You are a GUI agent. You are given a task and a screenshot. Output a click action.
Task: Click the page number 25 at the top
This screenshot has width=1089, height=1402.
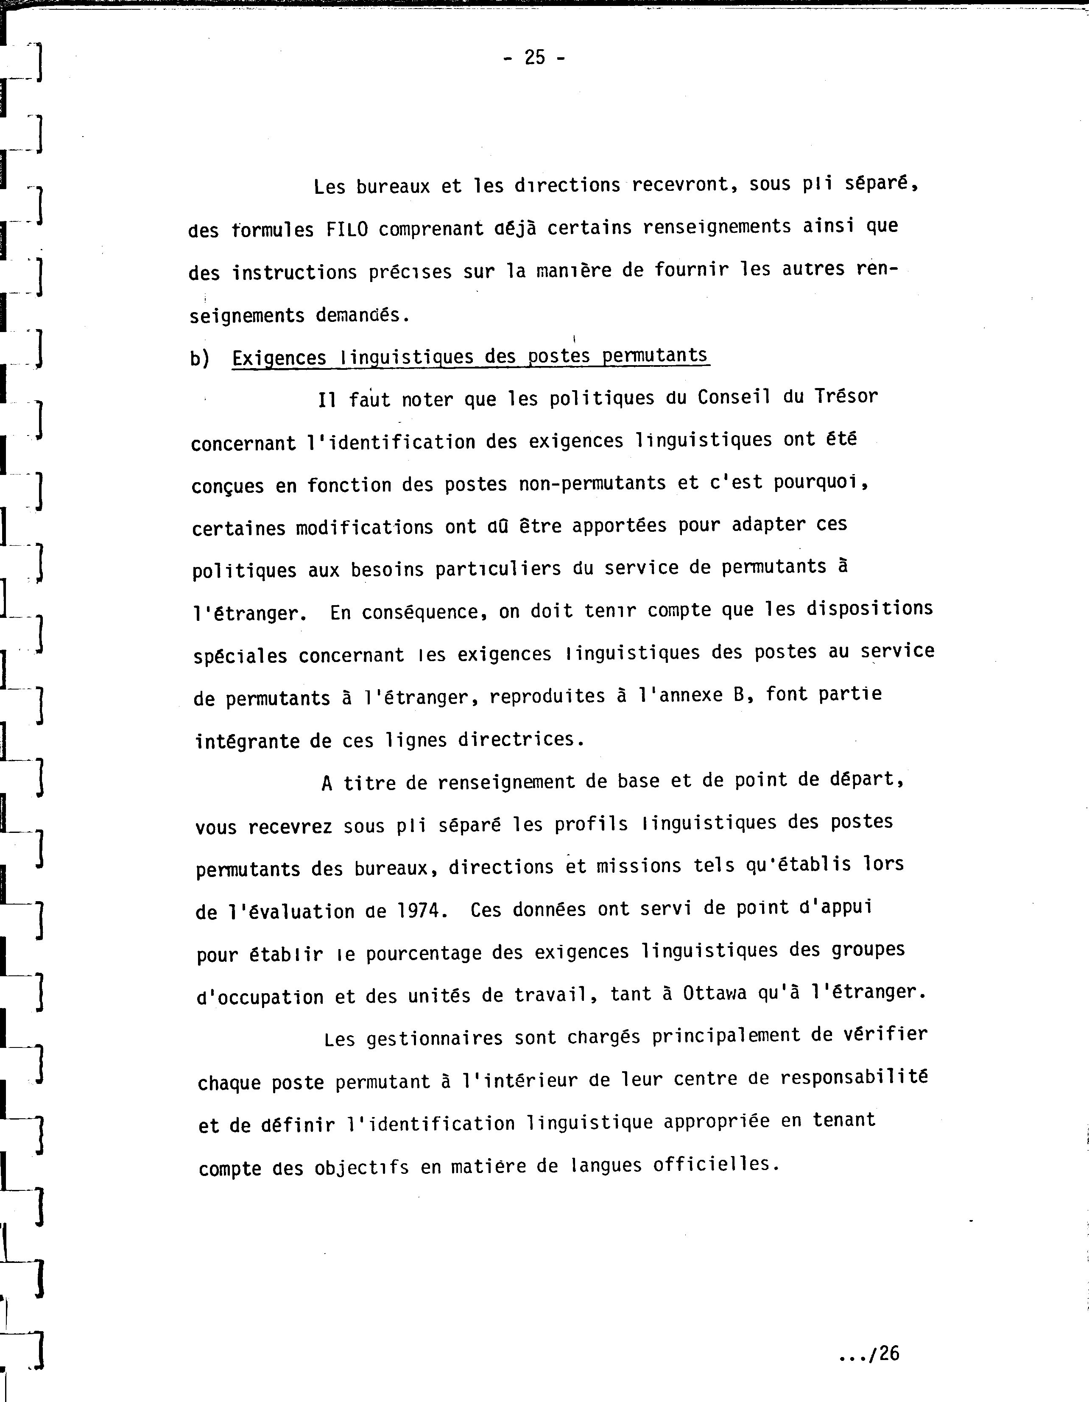coord(534,58)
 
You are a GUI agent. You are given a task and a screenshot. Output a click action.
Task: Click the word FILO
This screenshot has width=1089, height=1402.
coord(347,229)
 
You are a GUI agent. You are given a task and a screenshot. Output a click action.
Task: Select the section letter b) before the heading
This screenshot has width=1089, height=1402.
coord(200,359)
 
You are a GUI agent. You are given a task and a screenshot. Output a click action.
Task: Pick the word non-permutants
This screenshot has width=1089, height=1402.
coord(592,483)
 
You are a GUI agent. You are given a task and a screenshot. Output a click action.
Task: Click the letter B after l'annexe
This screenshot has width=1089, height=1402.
coord(738,695)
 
